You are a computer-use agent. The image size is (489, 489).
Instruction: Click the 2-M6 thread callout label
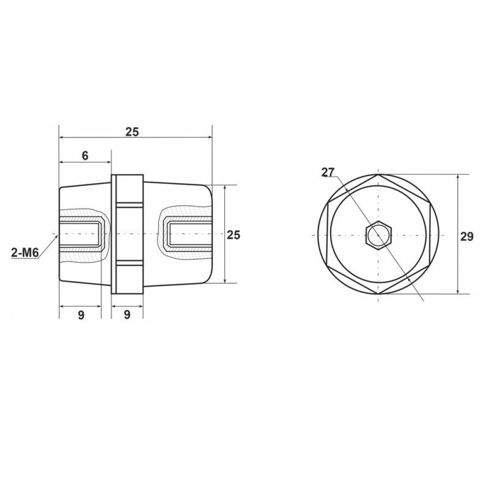[25, 251]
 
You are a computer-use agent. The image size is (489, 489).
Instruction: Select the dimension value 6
[84, 155]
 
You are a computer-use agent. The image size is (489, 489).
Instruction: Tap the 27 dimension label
[328, 172]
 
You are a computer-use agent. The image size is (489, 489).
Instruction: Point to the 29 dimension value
[466, 237]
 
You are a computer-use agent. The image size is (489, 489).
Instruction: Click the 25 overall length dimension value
[132, 131]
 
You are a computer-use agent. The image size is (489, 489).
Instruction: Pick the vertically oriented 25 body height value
[233, 234]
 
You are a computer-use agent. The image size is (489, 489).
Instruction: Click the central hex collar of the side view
[127, 235]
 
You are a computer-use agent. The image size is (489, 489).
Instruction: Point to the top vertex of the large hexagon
[379, 175]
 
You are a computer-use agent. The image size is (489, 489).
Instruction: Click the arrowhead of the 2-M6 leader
[57, 235]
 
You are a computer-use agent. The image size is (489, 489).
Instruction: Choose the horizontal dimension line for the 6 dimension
[84, 163]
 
